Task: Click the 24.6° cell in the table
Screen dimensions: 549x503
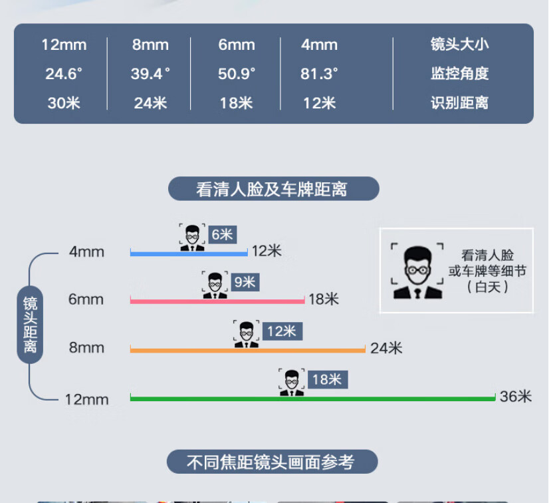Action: click(64, 74)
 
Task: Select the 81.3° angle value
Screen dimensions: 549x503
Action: click(319, 74)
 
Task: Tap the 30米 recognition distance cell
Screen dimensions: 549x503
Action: click(64, 103)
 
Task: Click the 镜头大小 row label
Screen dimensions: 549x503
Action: click(459, 45)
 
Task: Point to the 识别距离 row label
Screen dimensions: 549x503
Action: click(459, 103)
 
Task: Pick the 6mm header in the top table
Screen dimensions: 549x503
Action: click(237, 45)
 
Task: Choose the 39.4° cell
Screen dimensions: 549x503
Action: click(150, 74)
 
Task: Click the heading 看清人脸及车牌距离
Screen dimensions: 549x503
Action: click(273, 189)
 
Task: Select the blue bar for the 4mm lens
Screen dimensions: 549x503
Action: click(189, 253)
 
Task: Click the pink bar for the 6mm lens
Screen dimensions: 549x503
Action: click(217, 301)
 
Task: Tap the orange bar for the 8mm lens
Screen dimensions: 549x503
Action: click(247, 349)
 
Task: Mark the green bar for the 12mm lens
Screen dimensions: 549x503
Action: click(312, 398)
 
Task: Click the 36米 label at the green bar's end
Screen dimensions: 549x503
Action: click(516, 397)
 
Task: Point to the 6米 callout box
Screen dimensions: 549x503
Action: click(222, 234)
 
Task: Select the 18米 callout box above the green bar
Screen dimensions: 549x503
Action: click(326, 380)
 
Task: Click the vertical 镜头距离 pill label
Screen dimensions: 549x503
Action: click(30, 325)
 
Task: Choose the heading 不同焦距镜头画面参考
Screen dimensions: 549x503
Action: click(272, 462)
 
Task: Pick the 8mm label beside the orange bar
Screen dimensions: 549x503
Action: click(86, 347)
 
